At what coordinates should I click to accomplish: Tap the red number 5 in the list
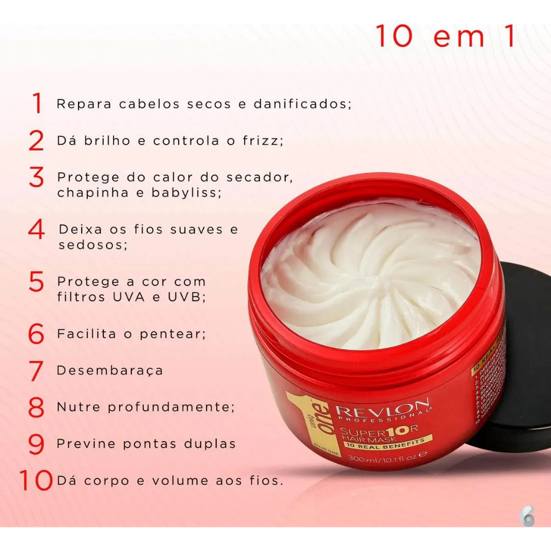tap(36, 282)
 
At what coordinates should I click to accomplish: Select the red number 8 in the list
tap(36, 407)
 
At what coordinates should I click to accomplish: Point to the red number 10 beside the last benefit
tap(36, 481)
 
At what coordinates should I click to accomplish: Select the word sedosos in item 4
tap(93, 244)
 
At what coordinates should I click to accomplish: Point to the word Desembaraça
tap(110, 371)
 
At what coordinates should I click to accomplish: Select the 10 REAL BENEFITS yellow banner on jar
tap(384, 443)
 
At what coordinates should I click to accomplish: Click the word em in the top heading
tap(459, 37)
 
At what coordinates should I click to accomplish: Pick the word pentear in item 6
tap(172, 334)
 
